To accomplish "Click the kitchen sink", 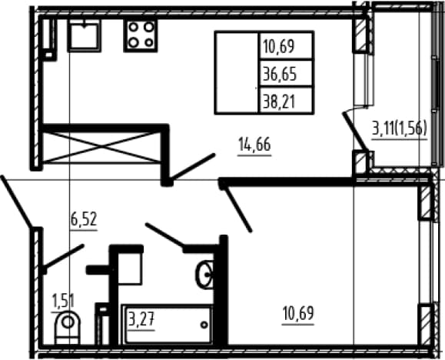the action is (x=84, y=36).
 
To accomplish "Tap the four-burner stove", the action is (x=141, y=35).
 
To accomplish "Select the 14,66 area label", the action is (x=254, y=145).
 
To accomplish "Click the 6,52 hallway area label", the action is (x=84, y=219).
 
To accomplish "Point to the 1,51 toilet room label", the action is (x=63, y=301).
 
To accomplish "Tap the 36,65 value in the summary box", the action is (x=280, y=74).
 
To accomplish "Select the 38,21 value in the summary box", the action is (x=279, y=102).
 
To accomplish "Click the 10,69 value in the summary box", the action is (x=279, y=46).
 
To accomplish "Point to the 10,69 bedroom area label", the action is (x=298, y=313).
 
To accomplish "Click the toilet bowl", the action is (x=68, y=328).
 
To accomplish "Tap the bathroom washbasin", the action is (x=204, y=275).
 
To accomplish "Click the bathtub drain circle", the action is (x=204, y=325).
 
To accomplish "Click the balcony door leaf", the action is (x=356, y=132).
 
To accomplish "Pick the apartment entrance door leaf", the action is (x=16, y=202).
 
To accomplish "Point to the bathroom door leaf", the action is (x=164, y=235).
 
